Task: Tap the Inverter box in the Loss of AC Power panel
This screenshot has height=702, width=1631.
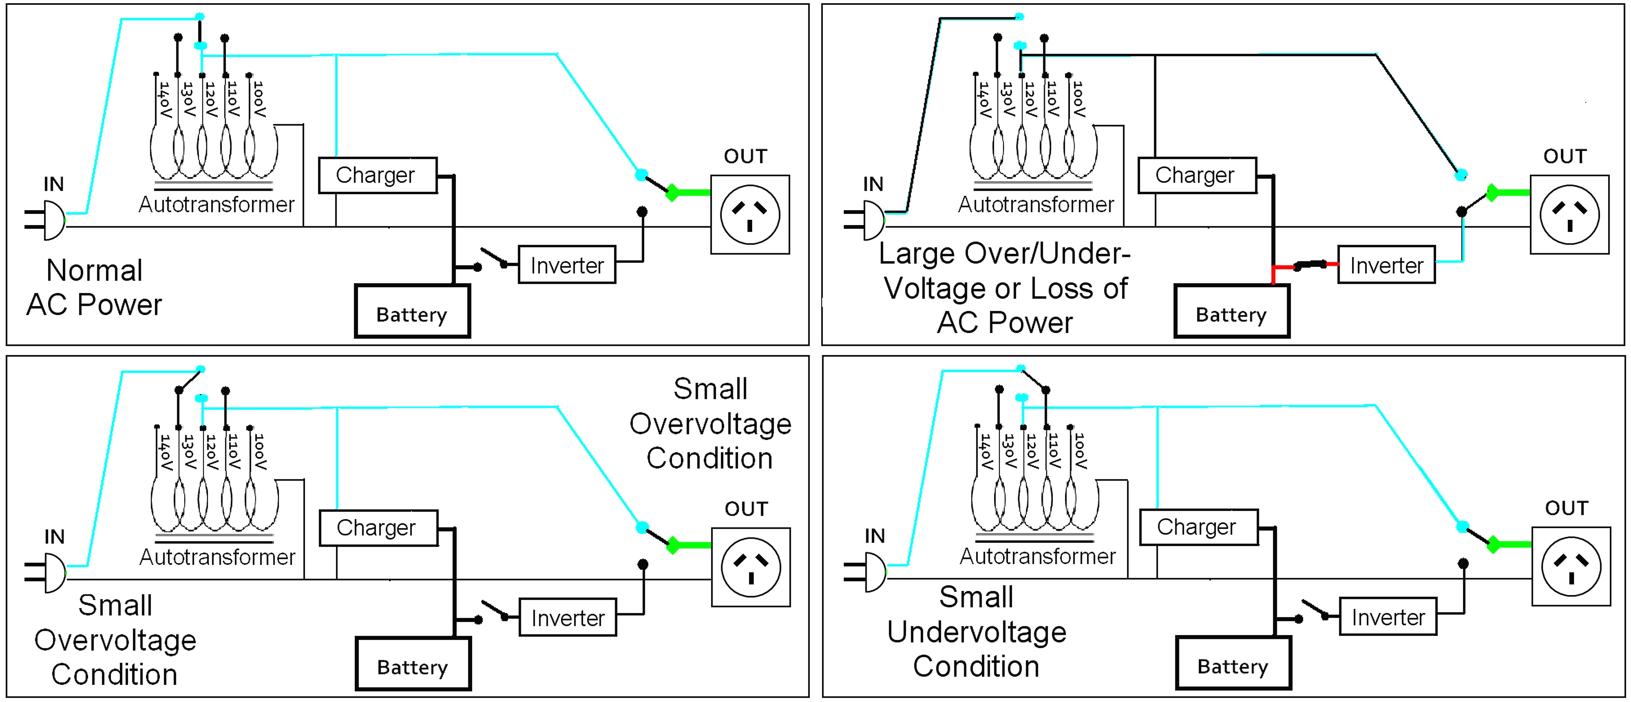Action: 1386,265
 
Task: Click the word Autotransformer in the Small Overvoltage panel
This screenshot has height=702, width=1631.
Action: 217,557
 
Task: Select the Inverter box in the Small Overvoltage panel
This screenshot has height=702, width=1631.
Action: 567,618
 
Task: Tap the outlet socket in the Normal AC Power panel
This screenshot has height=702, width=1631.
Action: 750,215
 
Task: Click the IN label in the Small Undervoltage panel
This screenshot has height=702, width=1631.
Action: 874,536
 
